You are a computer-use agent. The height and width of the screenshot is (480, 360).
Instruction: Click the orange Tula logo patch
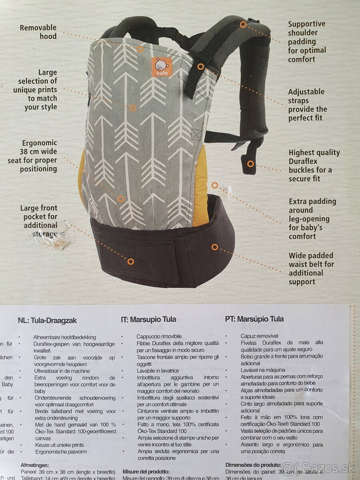point(162,66)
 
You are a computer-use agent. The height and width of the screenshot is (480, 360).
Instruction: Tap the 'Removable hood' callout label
point(38,32)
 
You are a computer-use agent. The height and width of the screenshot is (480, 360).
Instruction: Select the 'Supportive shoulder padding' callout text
point(307,42)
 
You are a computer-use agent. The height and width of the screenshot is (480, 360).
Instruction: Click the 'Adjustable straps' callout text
point(307,105)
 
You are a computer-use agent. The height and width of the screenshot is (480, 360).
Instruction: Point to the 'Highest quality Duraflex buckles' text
point(314,165)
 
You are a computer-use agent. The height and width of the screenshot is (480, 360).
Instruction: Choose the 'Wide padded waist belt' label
point(311,268)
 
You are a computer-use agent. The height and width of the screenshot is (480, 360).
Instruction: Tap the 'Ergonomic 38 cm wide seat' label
point(33,156)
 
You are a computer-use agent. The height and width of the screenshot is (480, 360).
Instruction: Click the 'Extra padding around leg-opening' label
point(312,219)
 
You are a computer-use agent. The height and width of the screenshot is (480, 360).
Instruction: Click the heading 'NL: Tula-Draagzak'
point(47,320)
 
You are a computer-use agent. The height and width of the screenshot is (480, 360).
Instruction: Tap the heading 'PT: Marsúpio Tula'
point(254,319)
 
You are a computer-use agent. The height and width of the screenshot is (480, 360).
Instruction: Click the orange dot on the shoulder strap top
point(243,24)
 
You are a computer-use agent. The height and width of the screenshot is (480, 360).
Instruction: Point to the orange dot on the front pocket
point(131,262)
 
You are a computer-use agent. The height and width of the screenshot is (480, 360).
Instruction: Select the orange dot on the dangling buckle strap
point(250,164)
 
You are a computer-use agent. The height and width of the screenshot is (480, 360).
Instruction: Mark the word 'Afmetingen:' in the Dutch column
point(34,465)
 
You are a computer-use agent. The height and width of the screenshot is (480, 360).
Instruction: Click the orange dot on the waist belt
point(215,247)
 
